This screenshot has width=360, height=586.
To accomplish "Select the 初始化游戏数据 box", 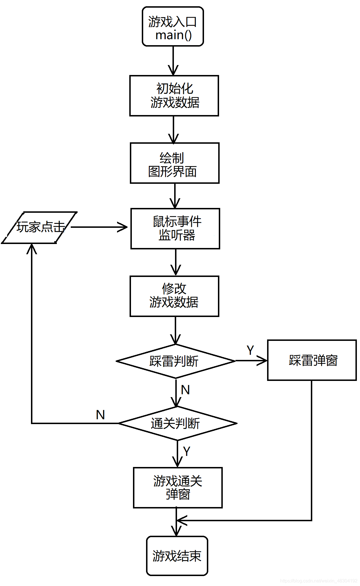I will point(174,96).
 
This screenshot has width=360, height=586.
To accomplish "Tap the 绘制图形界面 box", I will point(174,163).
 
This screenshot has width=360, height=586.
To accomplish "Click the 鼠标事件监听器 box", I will point(175,229).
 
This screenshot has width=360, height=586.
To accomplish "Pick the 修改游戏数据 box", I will point(174,296).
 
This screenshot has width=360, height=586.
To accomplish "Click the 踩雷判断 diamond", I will point(175,361).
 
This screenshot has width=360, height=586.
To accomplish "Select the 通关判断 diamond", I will point(177,423).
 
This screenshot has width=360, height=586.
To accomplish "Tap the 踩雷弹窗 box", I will point(312,360).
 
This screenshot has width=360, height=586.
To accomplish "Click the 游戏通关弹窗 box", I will point(178,488).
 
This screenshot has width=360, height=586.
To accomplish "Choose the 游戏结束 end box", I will point(177,556).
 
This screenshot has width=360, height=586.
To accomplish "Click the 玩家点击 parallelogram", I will point(40,227).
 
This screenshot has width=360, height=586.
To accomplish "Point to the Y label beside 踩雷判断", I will point(250,350).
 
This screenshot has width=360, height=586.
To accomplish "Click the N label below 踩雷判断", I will point(185,390).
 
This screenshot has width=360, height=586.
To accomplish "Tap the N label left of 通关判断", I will point(100,415).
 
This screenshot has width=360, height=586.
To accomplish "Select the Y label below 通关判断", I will point(187,451).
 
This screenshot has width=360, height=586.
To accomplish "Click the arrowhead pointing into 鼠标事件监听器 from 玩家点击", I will point(124,227).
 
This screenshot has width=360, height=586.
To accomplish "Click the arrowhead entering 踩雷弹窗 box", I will point(263,361).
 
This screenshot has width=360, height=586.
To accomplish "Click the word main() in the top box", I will point(174,35).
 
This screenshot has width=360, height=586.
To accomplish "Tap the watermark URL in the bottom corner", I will point(319,581).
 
